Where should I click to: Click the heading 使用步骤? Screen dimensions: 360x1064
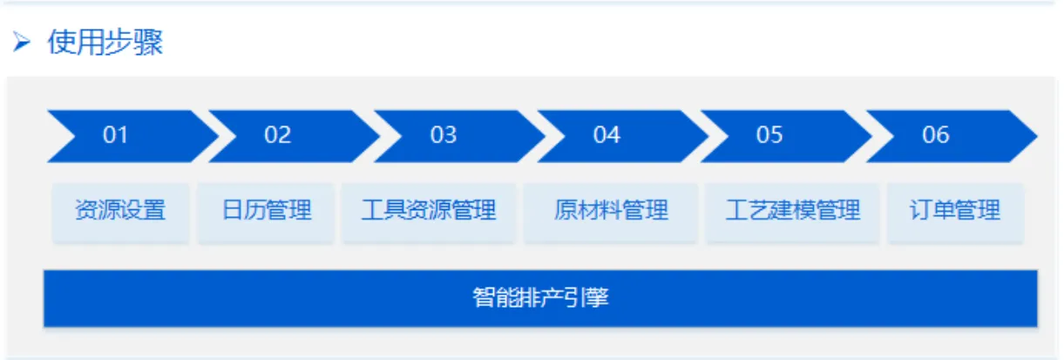click(x=105, y=42)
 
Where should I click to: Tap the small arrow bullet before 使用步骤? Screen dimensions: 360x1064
click(x=22, y=42)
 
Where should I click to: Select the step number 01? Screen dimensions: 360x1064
click(x=115, y=135)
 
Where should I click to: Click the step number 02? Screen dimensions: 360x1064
click(x=278, y=135)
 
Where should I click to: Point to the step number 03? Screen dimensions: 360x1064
click(x=443, y=135)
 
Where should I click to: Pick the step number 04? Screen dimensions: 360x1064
click(x=607, y=135)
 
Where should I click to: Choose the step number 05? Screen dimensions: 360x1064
click(x=769, y=135)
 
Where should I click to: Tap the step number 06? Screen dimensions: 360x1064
click(x=935, y=135)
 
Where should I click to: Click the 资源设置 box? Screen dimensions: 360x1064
click(x=120, y=211)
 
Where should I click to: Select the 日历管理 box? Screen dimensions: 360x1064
click(x=266, y=211)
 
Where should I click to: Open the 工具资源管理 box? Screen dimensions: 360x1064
click(x=429, y=211)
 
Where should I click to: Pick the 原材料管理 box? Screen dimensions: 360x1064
click(x=611, y=211)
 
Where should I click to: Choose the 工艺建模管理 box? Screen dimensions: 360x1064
click(x=792, y=211)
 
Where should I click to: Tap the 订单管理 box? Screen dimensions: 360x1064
click(x=955, y=211)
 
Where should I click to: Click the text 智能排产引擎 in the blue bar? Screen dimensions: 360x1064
click(x=540, y=298)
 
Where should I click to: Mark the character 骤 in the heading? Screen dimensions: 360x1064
click(x=149, y=42)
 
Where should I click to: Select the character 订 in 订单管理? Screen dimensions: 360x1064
click(x=921, y=211)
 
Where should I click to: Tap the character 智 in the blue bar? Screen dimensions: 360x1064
click(x=484, y=298)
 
